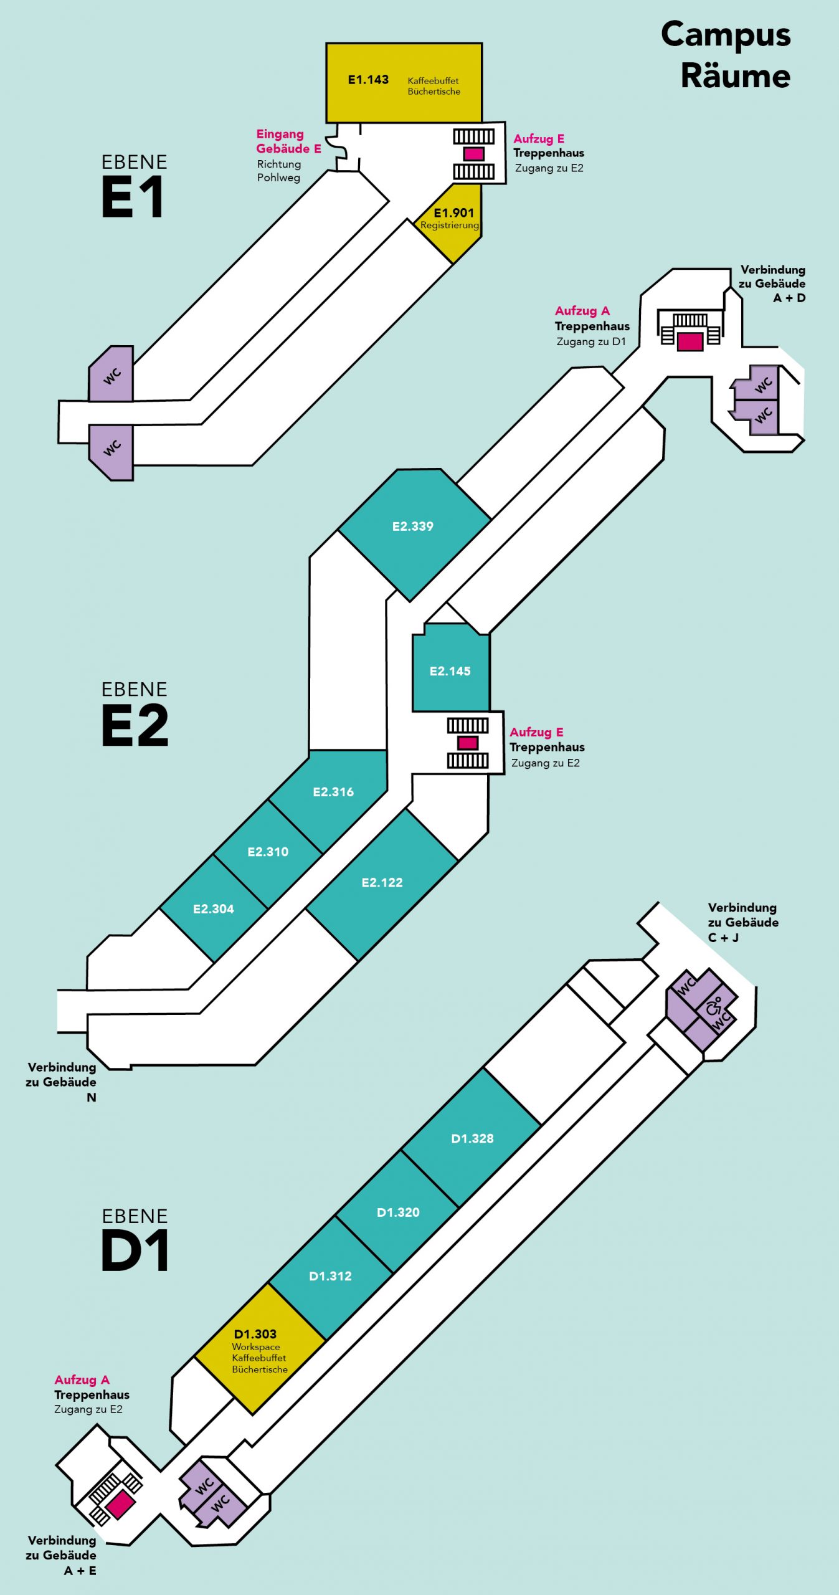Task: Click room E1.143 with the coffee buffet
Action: pyautogui.click(x=404, y=83)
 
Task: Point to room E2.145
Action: pyautogui.click(x=451, y=667)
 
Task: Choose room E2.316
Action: pyautogui.click(x=333, y=793)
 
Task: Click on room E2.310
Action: pyautogui.click(x=268, y=852)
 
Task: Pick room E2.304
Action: pyautogui.click(x=214, y=909)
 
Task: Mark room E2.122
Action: pyautogui.click(x=382, y=883)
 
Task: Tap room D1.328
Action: pyautogui.click(x=472, y=1139)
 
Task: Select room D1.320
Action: pyautogui.click(x=397, y=1212)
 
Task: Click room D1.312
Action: pyautogui.click(x=331, y=1276)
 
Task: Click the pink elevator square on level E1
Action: pyautogui.click(x=473, y=153)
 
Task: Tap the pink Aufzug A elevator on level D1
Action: pyautogui.click(x=120, y=1505)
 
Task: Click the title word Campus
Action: pyautogui.click(x=726, y=36)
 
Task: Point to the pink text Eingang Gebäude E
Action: pyautogui.click(x=288, y=141)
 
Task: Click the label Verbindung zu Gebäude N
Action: pyautogui.click(x=61, y=1082)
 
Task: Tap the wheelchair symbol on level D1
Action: pyautogui.click(x=714, y=1006)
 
